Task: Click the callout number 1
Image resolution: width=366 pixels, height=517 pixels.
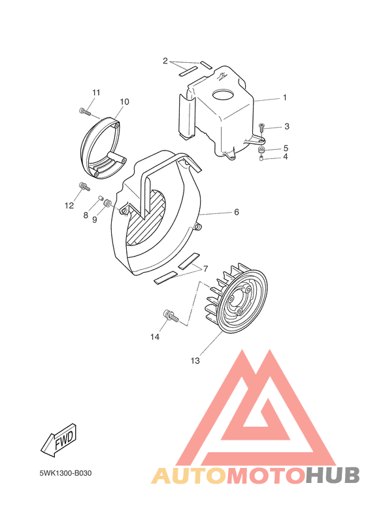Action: [285, 98]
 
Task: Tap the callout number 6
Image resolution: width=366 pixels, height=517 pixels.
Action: [237, 212]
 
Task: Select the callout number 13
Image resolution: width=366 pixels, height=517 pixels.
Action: [195, 361]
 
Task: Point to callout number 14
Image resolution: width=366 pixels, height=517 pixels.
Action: [155, 337]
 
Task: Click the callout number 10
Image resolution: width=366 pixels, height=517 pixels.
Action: [124, 102]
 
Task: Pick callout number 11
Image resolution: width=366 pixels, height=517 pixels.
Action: [95, 92]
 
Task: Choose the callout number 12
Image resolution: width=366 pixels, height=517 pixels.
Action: [69, 205]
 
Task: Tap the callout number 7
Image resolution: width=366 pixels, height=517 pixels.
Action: [205, 268]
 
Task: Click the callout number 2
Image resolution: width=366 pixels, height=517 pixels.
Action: [166, 61]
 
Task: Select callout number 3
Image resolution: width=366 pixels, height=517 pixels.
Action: [286, 126]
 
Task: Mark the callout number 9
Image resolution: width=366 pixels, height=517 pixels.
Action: [94, 220]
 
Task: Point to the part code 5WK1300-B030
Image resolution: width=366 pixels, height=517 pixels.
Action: [64, 472]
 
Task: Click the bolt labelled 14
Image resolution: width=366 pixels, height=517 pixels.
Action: [169, 316]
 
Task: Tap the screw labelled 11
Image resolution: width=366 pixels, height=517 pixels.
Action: [83, 111]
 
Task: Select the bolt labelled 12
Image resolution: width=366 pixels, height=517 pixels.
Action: [84, 187]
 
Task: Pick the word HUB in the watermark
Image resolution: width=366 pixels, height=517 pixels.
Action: [332, 475]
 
